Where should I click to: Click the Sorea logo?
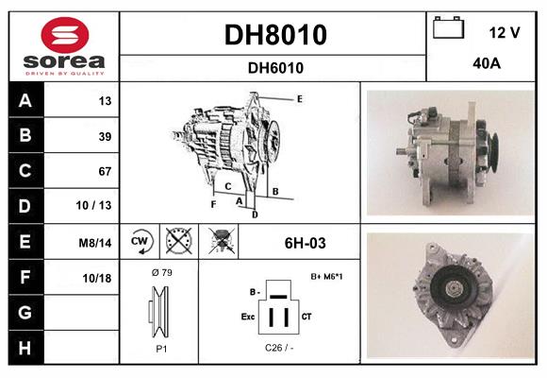click(x=61, y=46)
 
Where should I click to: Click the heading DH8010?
click(x=274, y=36)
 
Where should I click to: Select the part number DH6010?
click(x=274, y=68)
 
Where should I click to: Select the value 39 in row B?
click(x=105, y=136)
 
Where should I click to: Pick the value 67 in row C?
click(x=105, y=172)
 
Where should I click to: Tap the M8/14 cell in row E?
click(x=97, y=243)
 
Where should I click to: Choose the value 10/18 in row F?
click(x=98, y=278)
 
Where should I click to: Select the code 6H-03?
click(x=305, y=243)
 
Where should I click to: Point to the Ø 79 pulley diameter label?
click(x=160, y=274)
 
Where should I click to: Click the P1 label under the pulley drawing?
click(x=160, y=348)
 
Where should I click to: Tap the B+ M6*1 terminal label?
click(x=326, y=276)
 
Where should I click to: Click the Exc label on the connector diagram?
click(x=249, y=316)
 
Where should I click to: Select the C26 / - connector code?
click(x=279, y=348)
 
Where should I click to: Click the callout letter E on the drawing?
click(x=299, y=98)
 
